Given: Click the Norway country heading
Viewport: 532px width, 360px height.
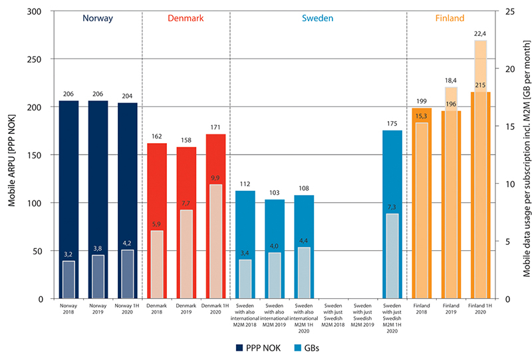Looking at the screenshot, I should tap(98, 19).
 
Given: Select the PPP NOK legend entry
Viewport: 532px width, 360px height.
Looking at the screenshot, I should tap(254, 347).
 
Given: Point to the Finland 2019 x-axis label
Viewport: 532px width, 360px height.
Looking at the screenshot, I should tap(452, 311).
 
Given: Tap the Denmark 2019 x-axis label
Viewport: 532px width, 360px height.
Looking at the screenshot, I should tap(186, 311).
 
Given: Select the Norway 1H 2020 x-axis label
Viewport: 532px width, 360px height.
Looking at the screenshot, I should tap(128, 311).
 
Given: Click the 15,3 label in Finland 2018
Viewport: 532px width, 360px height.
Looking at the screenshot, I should tap(422, 117).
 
